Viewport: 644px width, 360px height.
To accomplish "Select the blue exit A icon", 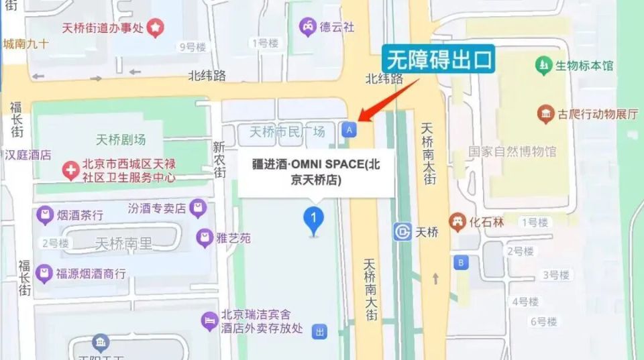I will (348, 129).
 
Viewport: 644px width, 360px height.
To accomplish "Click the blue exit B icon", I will (460, 262).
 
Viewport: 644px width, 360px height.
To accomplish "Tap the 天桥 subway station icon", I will (402, 232).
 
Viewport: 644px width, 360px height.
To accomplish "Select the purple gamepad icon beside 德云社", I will (307, 27).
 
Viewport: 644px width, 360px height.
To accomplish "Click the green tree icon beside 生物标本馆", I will (543, 66).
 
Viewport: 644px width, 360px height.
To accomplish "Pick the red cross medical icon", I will (70, 170).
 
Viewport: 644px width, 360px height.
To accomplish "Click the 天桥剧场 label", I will (121, 140).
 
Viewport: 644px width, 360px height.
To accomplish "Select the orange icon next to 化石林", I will (458, 222).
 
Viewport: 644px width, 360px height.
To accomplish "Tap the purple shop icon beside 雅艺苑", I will (204, 237).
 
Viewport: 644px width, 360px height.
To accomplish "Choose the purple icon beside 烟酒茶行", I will (44, 215).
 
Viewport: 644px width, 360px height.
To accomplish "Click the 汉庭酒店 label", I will (28, 155).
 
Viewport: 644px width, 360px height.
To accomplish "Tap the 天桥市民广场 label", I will (287, 131).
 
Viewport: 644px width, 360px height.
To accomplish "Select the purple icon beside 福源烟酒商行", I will (44, 273).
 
